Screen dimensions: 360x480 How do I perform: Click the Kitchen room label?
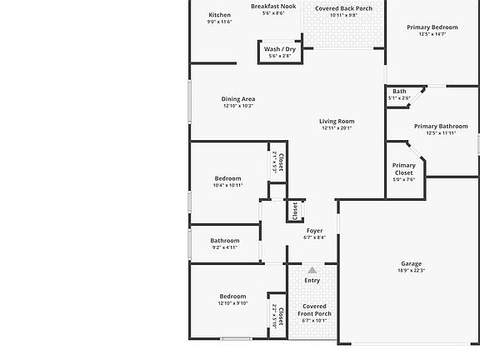point(219,15)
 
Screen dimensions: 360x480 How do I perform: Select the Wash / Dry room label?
point(279,49)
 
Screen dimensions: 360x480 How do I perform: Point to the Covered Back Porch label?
point(343,8)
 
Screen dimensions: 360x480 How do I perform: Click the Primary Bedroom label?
point(432,27)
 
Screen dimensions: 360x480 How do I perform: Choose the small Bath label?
point(400,91)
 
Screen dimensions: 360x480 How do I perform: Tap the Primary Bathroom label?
point(441,127)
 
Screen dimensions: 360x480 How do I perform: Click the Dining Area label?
point(238,99)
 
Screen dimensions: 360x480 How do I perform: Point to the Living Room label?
point(337,122)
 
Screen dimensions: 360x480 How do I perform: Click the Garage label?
point(412,263)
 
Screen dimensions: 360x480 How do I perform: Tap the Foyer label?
point(314,230)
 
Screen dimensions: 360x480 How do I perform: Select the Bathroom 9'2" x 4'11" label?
point(225,241)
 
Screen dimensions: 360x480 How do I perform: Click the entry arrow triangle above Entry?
point(312,270)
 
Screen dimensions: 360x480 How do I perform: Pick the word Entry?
point(312,281)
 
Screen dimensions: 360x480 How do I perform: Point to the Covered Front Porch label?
point(314,310)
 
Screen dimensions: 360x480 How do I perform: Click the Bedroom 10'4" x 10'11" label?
point(227,178)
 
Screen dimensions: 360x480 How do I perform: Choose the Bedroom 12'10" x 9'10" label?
point(232,297)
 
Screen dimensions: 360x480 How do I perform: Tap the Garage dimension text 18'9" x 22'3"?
point(412,271)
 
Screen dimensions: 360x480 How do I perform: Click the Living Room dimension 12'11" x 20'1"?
point(337,128)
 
